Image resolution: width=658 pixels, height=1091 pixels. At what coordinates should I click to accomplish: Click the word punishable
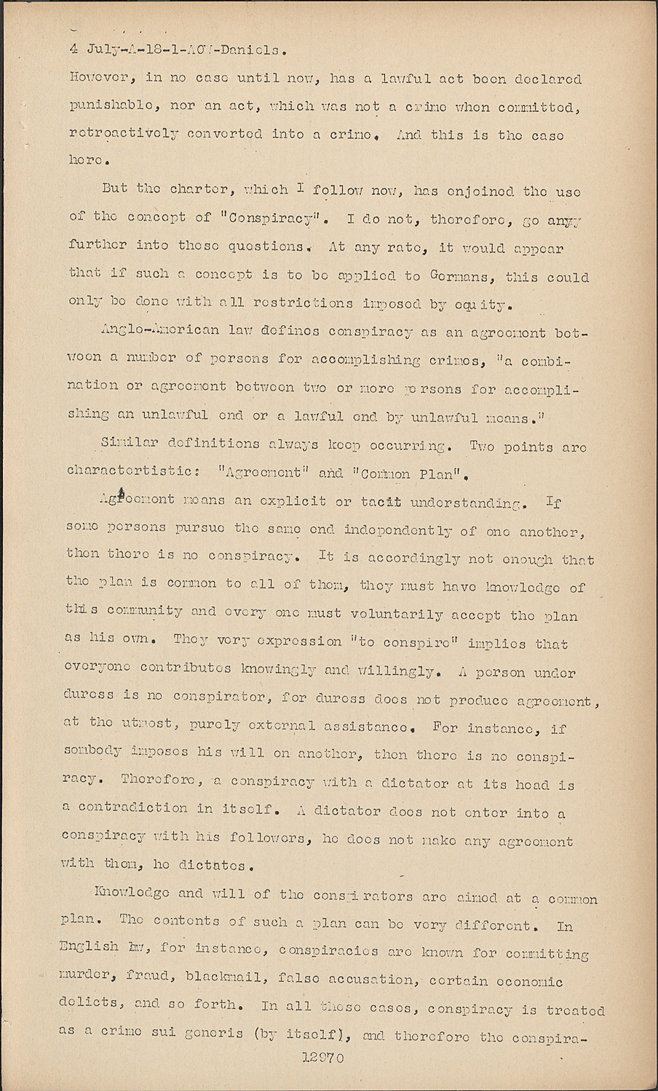109,107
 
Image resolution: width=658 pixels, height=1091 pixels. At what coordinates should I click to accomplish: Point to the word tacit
381,502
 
